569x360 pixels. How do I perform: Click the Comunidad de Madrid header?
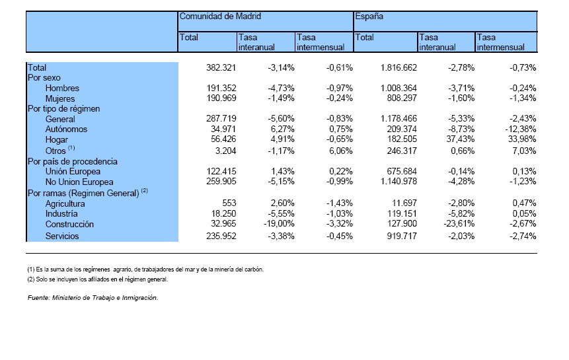[x=220, y=17]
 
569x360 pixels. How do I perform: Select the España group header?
[x=369, y=17]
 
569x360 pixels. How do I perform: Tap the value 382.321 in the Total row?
[x=221, y=68]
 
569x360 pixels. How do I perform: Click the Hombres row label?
[x=62, y=88]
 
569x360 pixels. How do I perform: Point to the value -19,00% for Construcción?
[x=279, y=224]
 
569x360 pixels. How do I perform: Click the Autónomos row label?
[x=66, y=129]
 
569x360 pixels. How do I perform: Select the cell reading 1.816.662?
[x=398, y=68]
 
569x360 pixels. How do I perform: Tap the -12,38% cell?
[x=521, y=129]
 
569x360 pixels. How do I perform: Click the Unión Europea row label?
[x=73, y=172]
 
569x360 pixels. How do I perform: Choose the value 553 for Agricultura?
[x=229, y=203]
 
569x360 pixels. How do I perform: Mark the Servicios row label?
[x=62, y=236]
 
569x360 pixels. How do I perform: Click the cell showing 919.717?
[x=402, y=236]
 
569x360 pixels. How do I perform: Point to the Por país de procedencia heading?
[x=73, y=162]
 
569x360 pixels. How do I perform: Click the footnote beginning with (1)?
[x=145, y=270]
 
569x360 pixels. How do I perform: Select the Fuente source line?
[x=93, y=298]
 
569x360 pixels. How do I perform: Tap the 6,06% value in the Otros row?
[x=341, y=151]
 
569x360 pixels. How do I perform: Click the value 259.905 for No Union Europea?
[x=221, y=182]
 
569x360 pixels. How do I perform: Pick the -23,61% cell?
[x=459, y=224]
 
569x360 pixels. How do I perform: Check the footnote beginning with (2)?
[x=98, y=279]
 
